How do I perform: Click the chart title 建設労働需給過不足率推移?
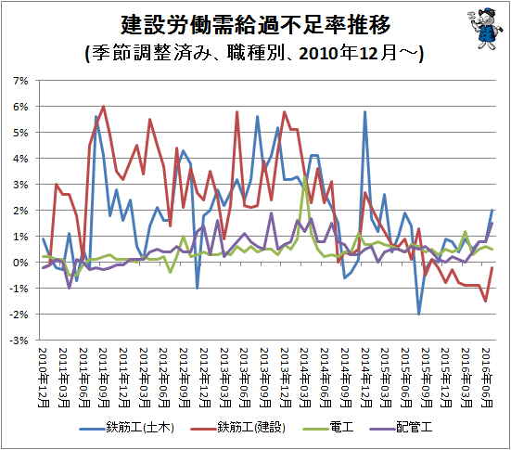(256, 25)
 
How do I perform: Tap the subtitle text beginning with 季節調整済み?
(254, 53)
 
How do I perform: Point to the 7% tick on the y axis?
(20, 81)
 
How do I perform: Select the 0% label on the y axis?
(20, 263)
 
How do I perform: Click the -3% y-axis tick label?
(19, 341)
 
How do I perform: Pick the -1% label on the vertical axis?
(19, 289)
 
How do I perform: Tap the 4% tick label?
(20, 159)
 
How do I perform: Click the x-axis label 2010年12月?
(44, 378)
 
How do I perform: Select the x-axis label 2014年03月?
(305, 378)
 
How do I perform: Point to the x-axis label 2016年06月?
(486, 378)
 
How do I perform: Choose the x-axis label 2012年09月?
(185, 378)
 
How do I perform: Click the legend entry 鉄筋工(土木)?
(127, 427)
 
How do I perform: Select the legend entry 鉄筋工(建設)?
(238, 427)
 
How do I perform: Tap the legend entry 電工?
(329, 427)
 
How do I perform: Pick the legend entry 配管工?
(401, 427)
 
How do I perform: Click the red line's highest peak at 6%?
(103, 106)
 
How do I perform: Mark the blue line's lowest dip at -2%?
(419, 314)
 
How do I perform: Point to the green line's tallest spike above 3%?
(305, 176)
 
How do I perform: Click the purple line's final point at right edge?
(492, 224)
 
